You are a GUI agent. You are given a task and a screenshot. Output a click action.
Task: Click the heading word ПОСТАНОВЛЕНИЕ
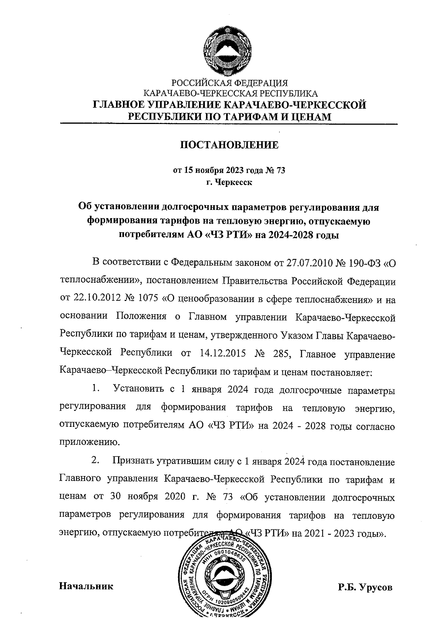pyautogui.click(x=229, y=145)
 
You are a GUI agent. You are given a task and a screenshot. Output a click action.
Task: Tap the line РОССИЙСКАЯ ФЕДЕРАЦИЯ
pyautogui.click(x=230, y=83)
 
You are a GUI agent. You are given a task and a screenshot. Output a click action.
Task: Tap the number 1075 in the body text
pyautogui.click(x=149, y=300)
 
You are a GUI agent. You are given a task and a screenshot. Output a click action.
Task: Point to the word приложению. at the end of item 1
pyautogui.click(x=89, y=442)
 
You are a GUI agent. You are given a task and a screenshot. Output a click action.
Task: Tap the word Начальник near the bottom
pyautogui.click(x=86, y=586)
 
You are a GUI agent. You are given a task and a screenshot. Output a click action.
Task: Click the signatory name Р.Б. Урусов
pyautogui.click(x=365, y=587)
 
